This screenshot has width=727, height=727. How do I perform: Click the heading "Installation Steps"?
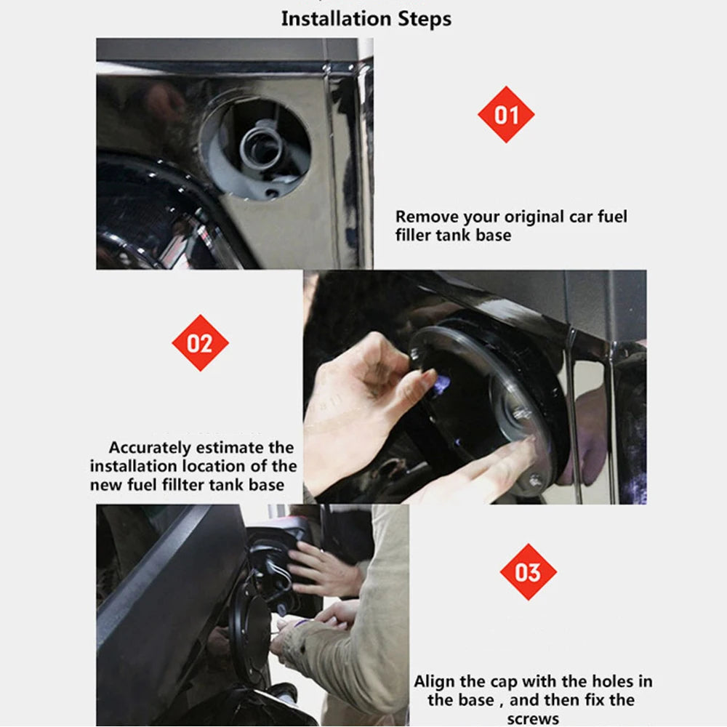366,19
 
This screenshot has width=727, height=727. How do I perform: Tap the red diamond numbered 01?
506,115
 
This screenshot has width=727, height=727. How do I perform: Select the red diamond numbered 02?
200,343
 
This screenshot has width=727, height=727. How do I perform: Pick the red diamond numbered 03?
528,572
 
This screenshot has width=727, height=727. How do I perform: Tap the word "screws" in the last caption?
533,718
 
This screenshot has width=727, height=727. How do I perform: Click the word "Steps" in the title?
424,19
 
